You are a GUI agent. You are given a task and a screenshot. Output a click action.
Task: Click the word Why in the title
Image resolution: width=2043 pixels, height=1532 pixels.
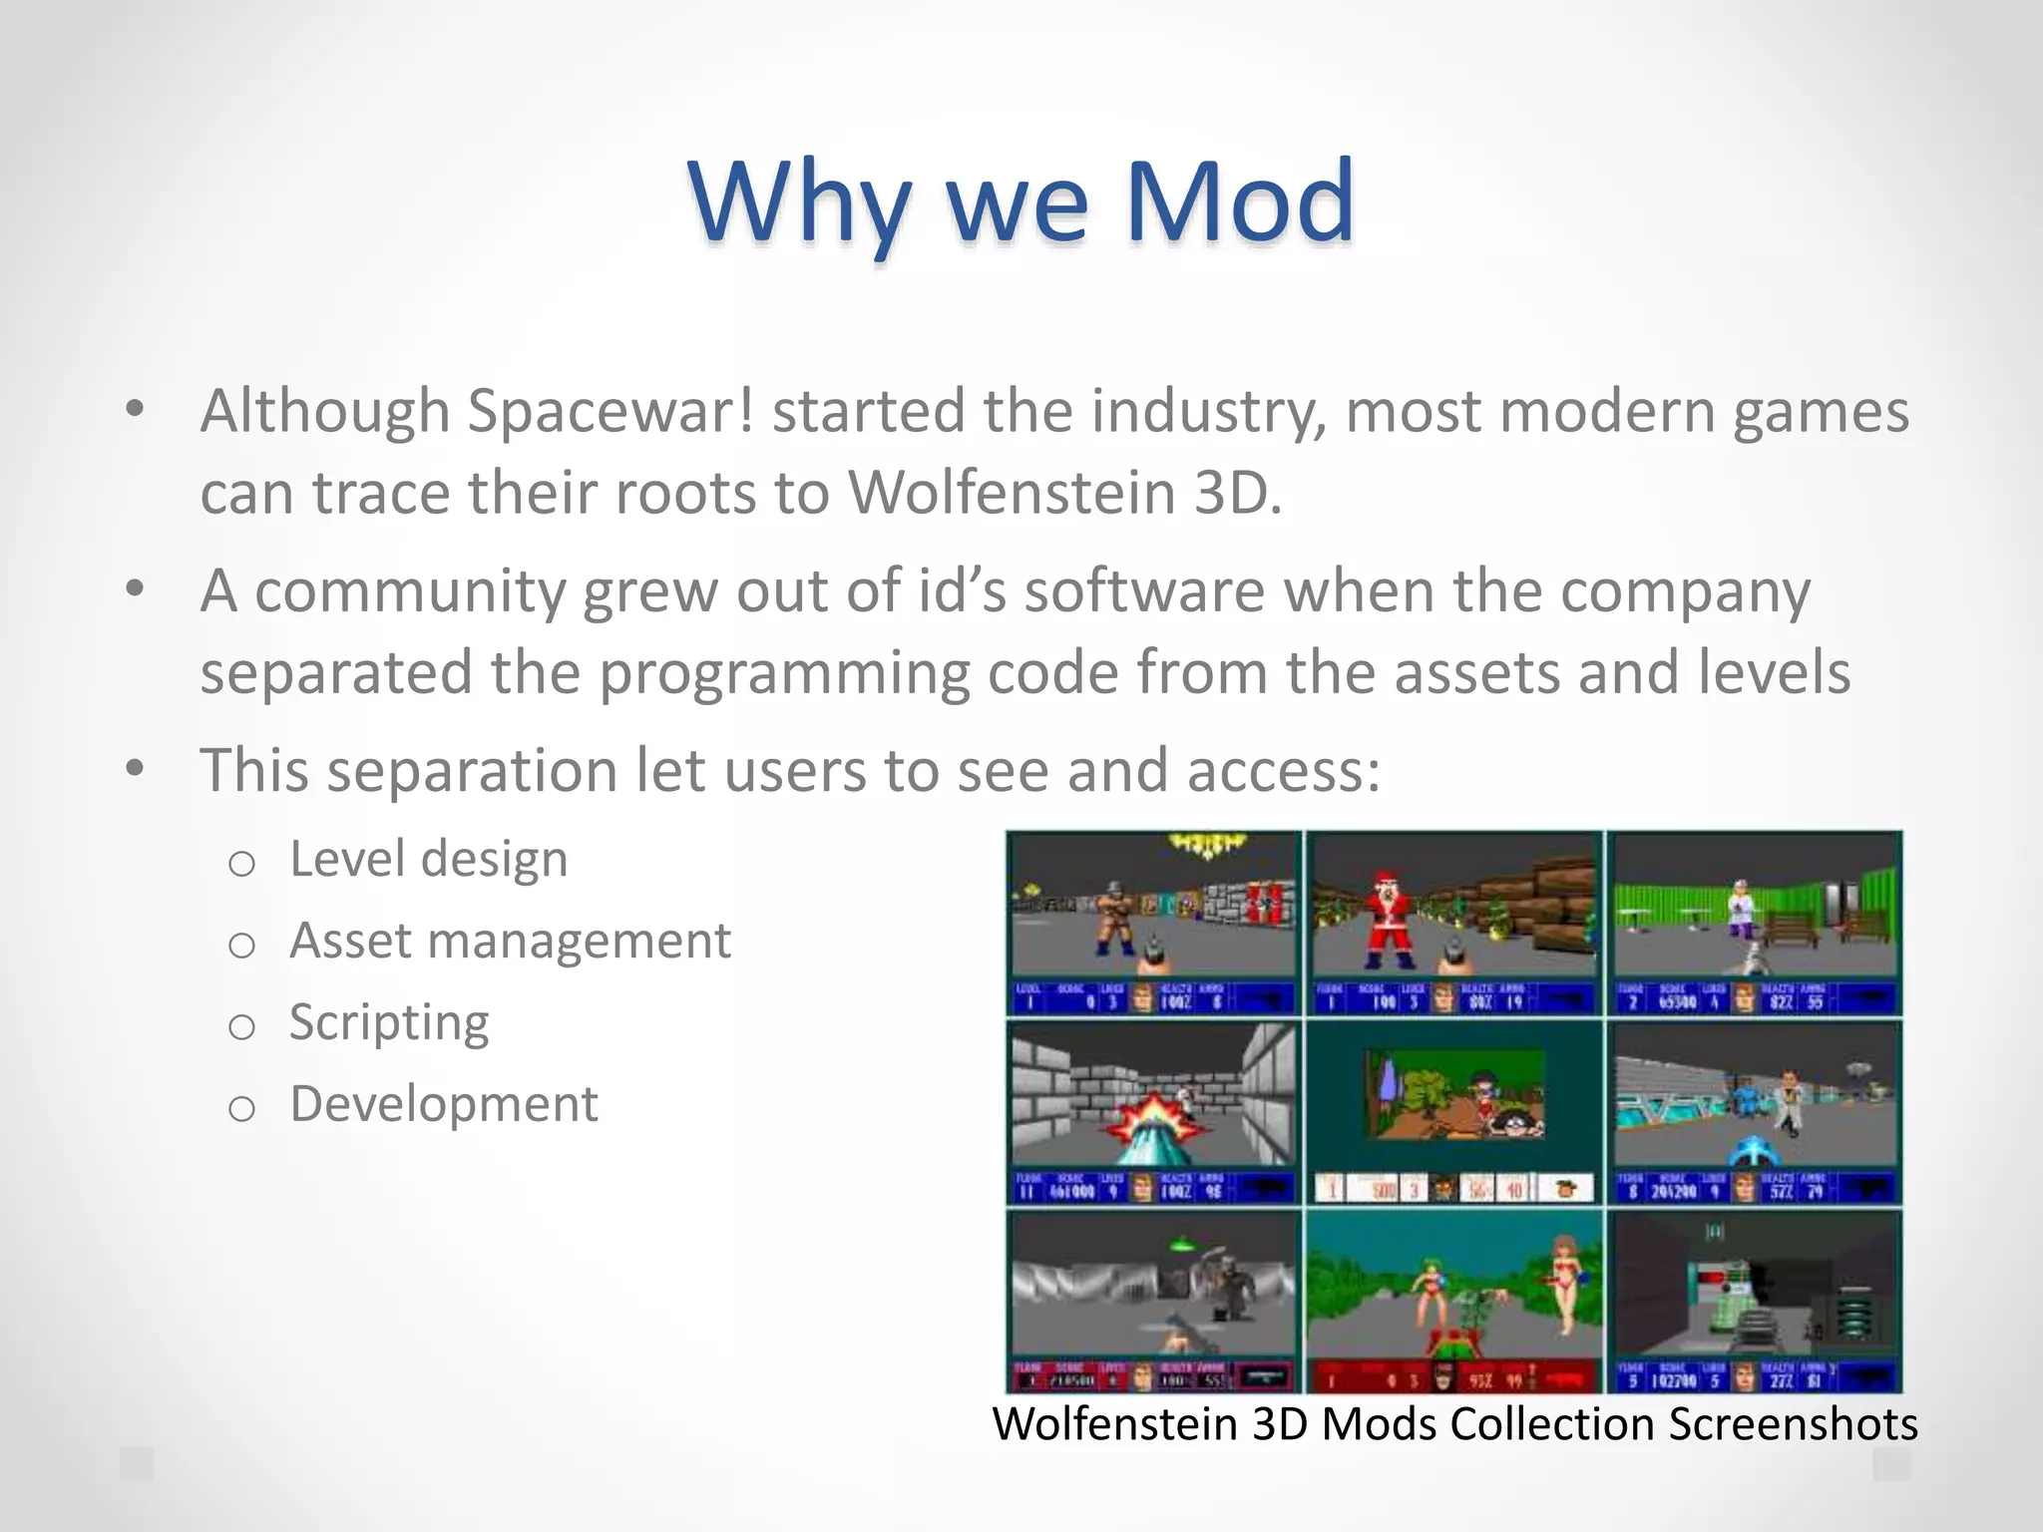point(798,204)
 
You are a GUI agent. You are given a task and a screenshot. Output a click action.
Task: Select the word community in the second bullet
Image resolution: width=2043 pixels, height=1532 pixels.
point(410,591)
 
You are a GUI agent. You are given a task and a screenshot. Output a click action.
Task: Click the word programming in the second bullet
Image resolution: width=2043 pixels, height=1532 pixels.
point(784,673)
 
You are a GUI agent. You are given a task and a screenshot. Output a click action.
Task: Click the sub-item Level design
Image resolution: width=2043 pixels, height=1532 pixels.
point(429,859)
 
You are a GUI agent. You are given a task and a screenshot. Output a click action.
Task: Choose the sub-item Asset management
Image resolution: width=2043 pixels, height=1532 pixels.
point(510,941)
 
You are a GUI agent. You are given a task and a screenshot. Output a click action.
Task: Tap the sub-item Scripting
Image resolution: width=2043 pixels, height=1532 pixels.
point(389,1022)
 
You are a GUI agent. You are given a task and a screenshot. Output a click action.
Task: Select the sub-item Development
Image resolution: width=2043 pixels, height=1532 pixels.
point(444,1104)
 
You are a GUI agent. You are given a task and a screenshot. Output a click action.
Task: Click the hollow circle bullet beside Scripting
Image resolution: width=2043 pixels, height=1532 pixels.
point(241,1026)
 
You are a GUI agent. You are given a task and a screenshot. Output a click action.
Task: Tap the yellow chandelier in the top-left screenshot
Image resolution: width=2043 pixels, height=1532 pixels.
point(1208,847)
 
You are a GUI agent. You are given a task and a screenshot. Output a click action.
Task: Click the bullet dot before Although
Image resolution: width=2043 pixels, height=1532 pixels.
point(136,409)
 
